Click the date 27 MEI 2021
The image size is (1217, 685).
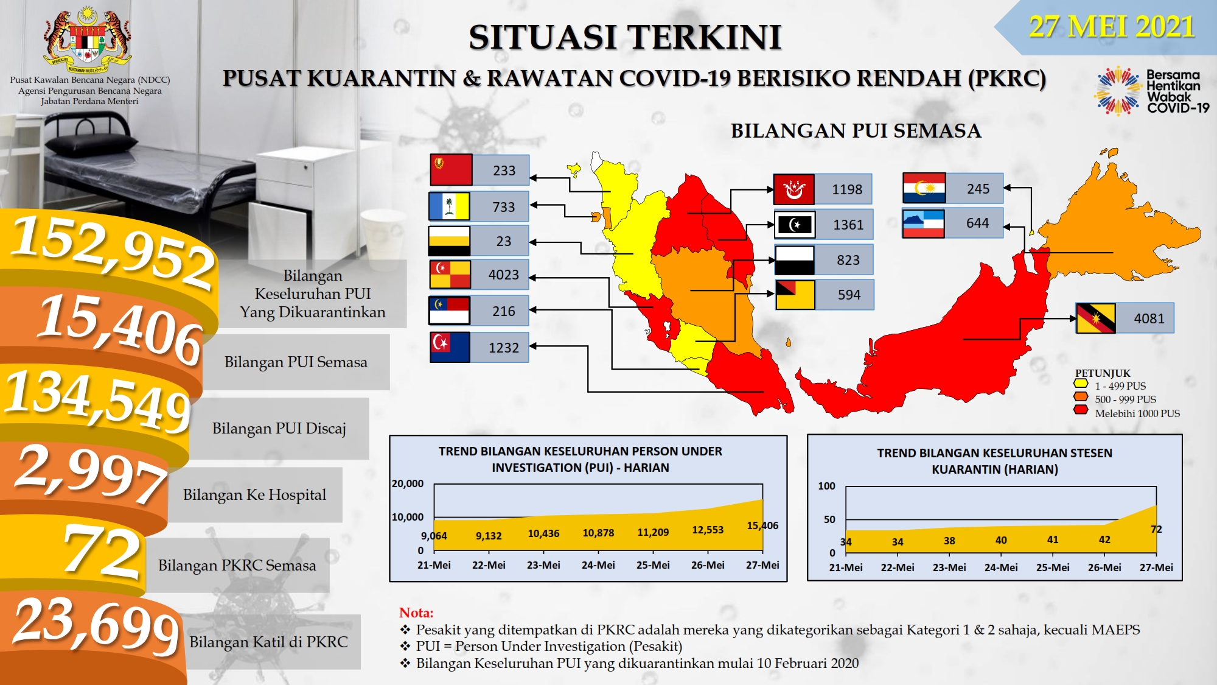coord(1111,27)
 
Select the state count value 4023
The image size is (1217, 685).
coord(504,275)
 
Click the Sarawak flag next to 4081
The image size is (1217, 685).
coord(1095,318)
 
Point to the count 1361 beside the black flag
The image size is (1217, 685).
coord(848,225)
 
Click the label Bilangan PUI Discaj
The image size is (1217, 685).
coord(279,428)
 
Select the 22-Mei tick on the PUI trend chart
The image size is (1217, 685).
coord(489,565)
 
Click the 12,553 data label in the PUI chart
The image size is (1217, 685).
coord(708,530)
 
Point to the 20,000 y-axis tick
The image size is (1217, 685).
coord(408,483)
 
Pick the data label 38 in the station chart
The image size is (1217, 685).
coord(949,541)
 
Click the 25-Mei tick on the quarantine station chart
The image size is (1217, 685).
coord(1053,567)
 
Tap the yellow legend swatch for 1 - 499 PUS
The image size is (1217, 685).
coord(1081,384)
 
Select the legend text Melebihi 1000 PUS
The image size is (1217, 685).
coord(1137,413)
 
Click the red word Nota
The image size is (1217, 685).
coord(416,613)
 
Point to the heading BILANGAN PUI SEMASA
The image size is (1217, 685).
coord(856,131)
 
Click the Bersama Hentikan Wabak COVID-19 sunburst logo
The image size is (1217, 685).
coord(1118,91)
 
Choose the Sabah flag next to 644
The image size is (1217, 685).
coord(923,223)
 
